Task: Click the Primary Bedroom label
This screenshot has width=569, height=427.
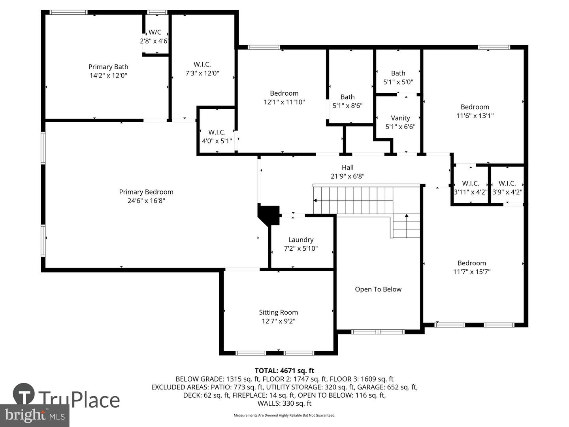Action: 146,192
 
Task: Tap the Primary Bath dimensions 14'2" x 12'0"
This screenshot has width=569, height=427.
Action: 108,76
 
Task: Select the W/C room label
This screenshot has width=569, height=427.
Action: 155,32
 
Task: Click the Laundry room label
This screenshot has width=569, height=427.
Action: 301,240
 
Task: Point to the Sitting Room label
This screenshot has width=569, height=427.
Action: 278,312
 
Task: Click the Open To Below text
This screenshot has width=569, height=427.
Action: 378,289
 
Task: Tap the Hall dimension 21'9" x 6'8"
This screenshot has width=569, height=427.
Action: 347,176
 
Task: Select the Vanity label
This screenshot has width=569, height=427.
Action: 400,118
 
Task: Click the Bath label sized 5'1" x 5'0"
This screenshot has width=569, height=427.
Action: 398,73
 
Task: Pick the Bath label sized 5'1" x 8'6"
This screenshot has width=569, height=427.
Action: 347,97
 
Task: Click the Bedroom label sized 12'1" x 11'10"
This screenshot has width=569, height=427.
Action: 284,93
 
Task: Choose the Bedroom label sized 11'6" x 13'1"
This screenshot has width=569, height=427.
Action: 475,107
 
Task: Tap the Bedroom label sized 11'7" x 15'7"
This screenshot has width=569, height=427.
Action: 471,263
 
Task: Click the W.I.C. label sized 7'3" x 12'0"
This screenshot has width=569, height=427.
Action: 202,64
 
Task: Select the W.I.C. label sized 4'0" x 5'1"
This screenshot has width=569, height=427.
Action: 217,132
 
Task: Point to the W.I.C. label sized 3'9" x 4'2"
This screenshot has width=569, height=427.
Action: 507,183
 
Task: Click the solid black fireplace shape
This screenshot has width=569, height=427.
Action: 268,215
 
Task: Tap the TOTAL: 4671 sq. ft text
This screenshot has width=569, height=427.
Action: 284,370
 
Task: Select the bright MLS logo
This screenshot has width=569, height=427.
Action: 35,415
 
